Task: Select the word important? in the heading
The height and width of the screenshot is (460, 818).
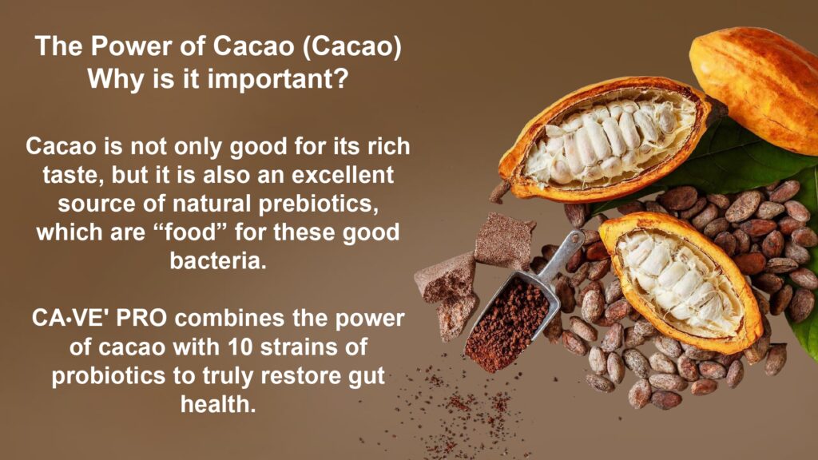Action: click(277, 80)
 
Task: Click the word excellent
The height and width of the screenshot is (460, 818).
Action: click(343, 175)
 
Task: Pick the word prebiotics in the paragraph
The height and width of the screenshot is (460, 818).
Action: click(319, 204)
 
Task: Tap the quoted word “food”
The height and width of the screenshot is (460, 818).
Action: click(189, 232)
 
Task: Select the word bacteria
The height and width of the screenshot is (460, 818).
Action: click(218, 260)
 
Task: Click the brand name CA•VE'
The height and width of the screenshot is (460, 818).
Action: click(70, 318)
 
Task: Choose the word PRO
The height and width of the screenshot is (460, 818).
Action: click(141, 318)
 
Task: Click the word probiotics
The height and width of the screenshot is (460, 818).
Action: click(109, 377)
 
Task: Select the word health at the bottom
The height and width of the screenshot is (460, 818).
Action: click(218, 404)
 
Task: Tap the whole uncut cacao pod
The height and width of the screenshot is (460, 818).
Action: click(757, 88)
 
